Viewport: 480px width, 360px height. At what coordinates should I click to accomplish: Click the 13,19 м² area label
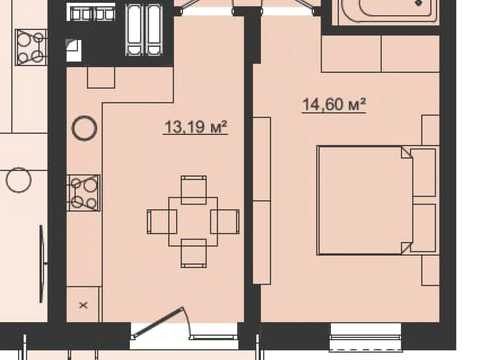[196, 127]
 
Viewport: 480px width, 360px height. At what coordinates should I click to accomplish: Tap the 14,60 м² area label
[334, 105]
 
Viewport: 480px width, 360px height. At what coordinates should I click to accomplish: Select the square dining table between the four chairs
[193, 222]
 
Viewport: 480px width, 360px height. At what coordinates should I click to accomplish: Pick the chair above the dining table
[194, 190]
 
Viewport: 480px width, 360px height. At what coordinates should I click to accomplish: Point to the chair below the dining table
[194, 253]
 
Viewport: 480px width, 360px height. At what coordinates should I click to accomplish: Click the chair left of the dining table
[162, 222]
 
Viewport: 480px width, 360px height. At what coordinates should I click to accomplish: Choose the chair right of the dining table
[225, 222]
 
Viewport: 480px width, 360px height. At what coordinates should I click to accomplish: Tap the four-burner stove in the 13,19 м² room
[84, 193]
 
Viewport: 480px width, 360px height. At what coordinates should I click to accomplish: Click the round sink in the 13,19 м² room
[84, 128]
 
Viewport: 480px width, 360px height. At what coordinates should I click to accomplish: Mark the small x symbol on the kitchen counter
[84, 305]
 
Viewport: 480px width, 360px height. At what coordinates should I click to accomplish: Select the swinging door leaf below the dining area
[157, 322]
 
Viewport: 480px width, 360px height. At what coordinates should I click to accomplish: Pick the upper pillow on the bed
[424, 172]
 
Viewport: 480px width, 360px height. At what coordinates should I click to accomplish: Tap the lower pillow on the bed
[424, 228]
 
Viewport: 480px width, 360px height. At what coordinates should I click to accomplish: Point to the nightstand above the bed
[431, 130]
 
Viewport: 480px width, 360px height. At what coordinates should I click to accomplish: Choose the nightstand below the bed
[431, 270]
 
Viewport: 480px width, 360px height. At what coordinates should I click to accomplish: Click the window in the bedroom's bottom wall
[366, 337]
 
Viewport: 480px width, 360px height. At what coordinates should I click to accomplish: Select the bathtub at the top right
[388, 12]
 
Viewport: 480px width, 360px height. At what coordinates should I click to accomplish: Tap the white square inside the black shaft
[74, 50]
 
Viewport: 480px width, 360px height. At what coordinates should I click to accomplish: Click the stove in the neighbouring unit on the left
[31, 47]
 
